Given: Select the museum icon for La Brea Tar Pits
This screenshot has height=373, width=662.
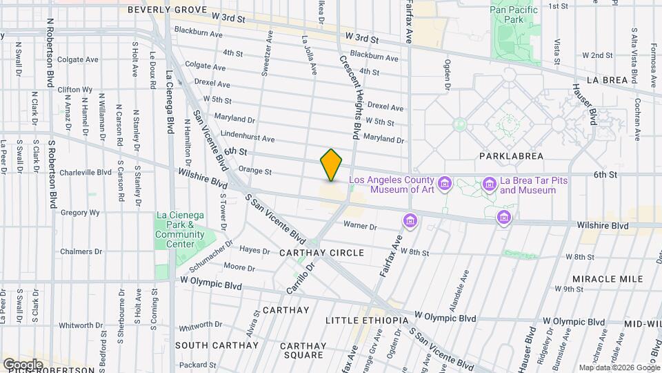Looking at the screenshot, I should [489, 183].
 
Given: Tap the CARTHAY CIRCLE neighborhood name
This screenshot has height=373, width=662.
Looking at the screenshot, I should [321, 253].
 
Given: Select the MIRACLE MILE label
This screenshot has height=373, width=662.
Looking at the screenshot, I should [607, 278].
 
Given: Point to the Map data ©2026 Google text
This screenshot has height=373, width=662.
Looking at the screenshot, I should [619, 367].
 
